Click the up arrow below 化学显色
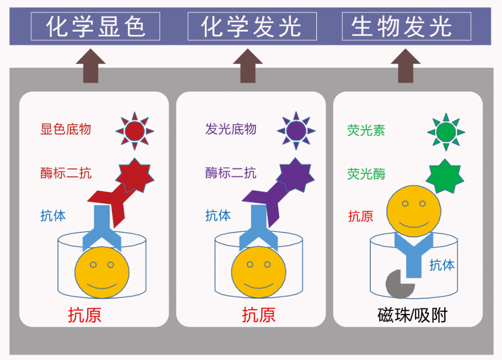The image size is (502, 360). tap(90, 66)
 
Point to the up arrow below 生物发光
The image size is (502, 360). tap(406, 66)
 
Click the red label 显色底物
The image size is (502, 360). tap(66, 129)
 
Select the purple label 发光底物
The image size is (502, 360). tap(231, 129)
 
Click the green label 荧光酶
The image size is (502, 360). tap(366, 174)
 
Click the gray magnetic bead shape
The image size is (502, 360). tap(399, 284)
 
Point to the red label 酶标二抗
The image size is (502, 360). tap(66, 173)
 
